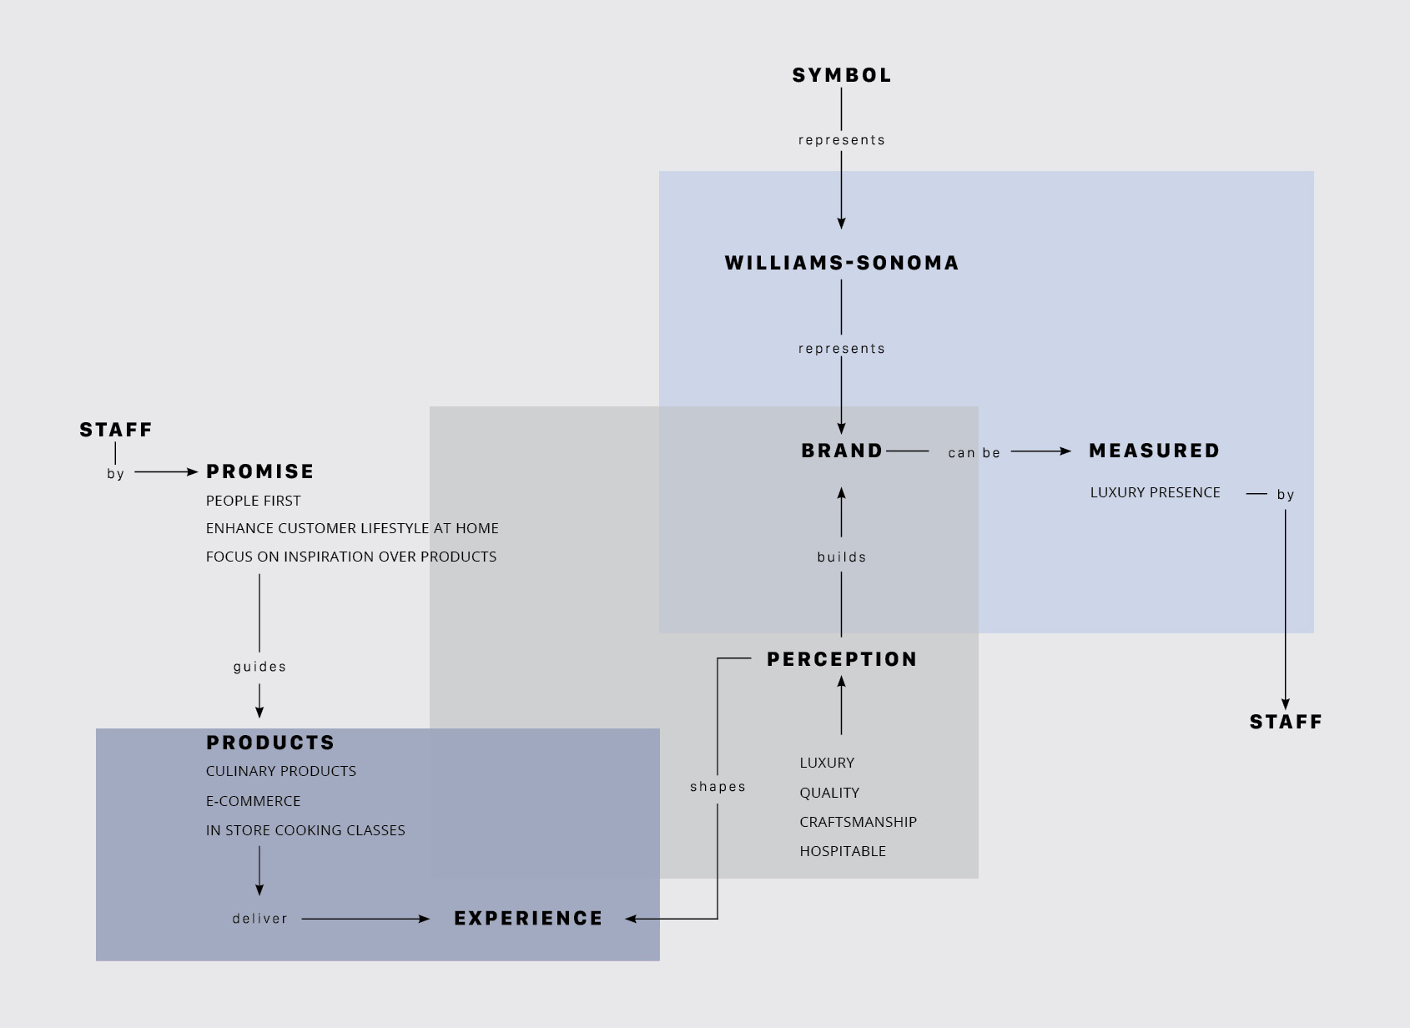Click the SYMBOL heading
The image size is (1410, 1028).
click(x=841, y=76)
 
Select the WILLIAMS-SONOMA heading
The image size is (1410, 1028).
click(x=842, y=263)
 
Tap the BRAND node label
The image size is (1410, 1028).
click(x=842, y=451)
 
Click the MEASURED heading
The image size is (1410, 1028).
click(x=1155, y=451)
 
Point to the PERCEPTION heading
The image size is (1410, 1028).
click(x=842, y=659)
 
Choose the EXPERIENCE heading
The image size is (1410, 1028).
click(x=528, y=919)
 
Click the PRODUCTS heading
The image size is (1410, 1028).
click(x=270, y=743)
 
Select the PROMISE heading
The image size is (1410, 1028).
click(x=260, y=471)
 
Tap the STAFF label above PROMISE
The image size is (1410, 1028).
click(x=116, y=430)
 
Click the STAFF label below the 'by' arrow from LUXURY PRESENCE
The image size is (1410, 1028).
click(x=1286, y=722)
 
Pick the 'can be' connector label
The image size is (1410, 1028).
click(x=974, y=452)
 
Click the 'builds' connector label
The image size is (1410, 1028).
click(x=842, y=557)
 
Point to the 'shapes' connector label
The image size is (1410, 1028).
click(x=718, y=787)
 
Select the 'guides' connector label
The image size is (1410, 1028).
click(x=259, y=668)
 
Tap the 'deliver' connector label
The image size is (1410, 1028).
click(x=259, y=919)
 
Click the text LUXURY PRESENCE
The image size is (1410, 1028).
click(x=1155, y=493)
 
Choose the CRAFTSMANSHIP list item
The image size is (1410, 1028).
click(x=858, y=822)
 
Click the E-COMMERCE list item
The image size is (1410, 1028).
click(x=253, y=801)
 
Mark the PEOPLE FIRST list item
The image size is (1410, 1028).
click(x=253, y=501)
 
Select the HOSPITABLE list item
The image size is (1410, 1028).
click(x=842, y=852)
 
